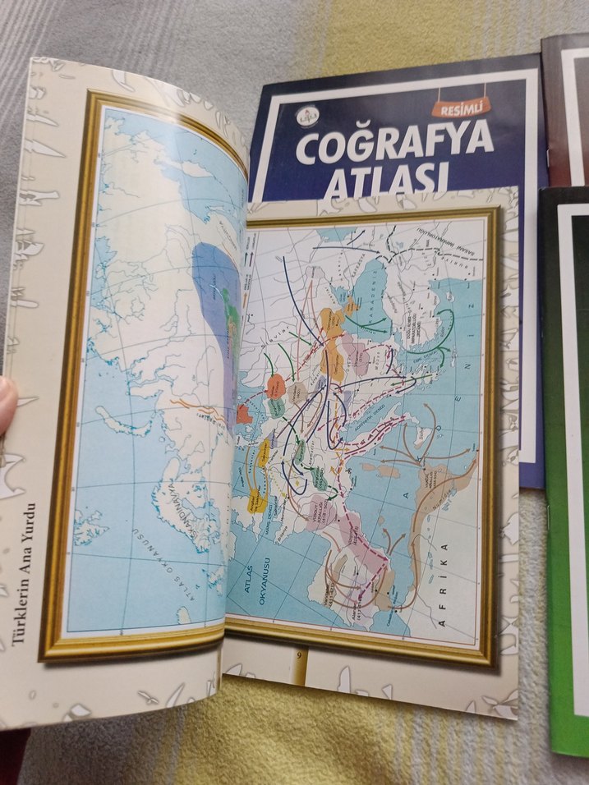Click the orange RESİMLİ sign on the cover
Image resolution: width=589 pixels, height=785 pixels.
click(461, 103)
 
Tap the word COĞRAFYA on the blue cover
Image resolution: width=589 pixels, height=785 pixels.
click(393, 147)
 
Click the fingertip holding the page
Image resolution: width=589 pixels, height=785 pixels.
click(7, 402)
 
